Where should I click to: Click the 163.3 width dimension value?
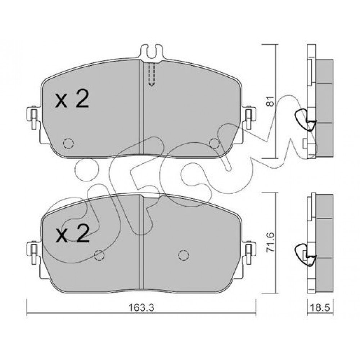click(x=141, y=307)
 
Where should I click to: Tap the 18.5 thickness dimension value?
click(x=320, y=307)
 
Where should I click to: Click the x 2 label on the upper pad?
click(x=72, y=99)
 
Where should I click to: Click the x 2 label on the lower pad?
click(x=72, y=233)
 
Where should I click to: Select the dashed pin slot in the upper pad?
click(x=152, y=74)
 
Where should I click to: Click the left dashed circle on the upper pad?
click(x=68, y=144)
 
